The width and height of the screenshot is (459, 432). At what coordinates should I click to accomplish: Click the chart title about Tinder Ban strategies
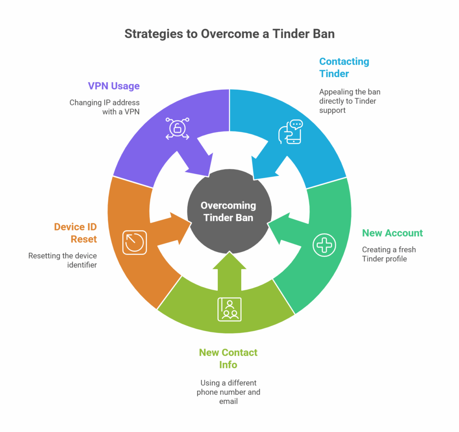pyautogui.click(x=229, y=34)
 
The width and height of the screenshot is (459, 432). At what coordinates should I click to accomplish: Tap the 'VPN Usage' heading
pyautogui.click(x=114, y=86)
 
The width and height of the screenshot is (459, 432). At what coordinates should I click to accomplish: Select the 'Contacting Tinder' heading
pyautogui.click(x=344, y=67)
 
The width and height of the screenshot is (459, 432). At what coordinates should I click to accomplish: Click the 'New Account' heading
pyautogui.click(x=392, y=233)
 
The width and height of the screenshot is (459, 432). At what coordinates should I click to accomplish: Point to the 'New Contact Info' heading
pyautogui.click(x=228, y=358)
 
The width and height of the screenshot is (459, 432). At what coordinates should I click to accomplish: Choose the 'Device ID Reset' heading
pyautogui.click(x=75, y=233)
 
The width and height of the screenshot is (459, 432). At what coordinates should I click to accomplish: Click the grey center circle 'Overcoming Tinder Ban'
pyautogui.click(x=229, y=211)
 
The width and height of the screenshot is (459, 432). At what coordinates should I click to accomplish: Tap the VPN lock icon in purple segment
pyautogui.click(x=178, y=129)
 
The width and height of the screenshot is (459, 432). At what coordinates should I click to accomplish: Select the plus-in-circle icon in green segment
pyautogui.click(x=324, y=245)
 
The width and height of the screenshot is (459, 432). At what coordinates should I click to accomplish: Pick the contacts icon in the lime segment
pyautogui.click(x=229, y=309)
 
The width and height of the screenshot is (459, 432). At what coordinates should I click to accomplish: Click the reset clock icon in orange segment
pyautogui.click(x=134, y=242)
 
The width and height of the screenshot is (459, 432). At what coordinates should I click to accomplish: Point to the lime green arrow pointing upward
pyautogui.click(x=229, y=271)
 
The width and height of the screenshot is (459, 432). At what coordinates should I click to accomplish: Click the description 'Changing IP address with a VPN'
pyautogui.click(x=104, y=107)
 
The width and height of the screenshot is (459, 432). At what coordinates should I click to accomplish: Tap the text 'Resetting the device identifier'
pyautogui.click(x=62, y=260)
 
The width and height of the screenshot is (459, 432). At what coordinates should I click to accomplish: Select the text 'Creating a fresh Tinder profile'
pyautogui.click(x=389, y=254)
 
